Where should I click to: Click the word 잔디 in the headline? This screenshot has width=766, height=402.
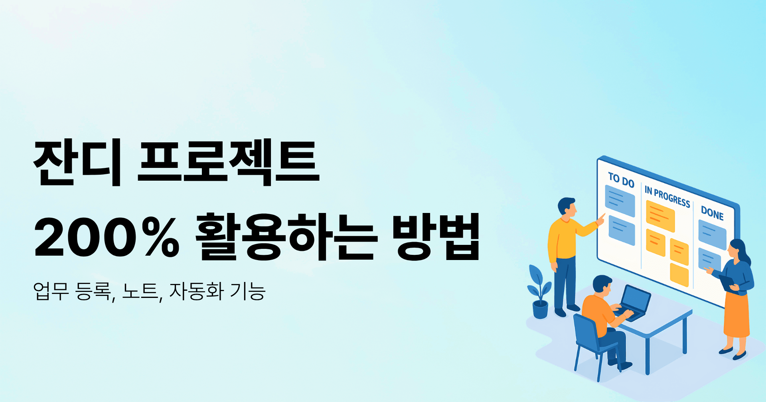[77, 162]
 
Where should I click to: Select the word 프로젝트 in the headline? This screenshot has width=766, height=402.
[228, 162]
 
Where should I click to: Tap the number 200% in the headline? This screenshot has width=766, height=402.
[107, 237]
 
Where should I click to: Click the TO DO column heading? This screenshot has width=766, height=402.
[621, 180]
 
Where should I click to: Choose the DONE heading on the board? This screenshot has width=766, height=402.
[712, 213]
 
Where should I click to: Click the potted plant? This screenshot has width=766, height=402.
[540, 291]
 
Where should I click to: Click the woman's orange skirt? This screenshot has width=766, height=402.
[737, 315]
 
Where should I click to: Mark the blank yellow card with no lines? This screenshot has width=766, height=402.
[679, 275]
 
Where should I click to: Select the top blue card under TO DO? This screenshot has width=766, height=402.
[620, 201]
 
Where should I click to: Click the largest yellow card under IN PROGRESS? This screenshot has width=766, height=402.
[660, 216]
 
